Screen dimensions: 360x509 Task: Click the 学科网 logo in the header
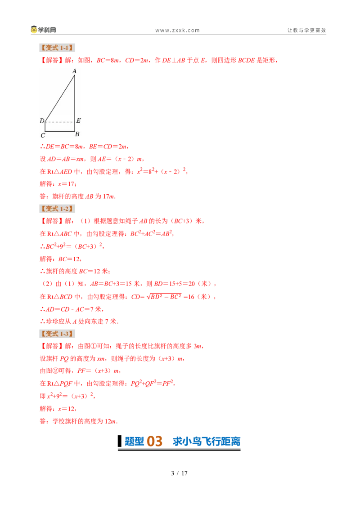44,30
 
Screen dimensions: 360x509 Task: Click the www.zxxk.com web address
177,31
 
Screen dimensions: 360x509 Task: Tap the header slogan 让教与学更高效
306,30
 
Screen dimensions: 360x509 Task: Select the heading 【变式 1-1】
57,48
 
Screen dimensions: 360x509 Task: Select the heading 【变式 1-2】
57,209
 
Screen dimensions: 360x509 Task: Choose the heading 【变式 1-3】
57,334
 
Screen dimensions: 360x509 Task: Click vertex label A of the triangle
74,71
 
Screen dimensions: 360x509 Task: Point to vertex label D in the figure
42,121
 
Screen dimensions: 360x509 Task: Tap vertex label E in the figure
79,121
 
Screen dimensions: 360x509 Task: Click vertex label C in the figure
43,135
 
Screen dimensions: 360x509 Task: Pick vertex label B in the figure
77,134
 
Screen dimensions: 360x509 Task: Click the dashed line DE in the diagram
60,122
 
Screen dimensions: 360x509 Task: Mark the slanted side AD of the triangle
60,98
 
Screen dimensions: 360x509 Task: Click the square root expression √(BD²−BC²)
164,296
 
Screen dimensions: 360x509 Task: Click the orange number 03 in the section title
154,442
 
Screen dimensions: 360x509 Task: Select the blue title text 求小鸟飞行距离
207,442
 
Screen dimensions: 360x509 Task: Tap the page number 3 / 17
180,473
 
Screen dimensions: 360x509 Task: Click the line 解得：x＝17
58,184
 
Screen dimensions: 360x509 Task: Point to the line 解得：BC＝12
60,259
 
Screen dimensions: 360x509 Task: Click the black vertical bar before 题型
120,441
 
